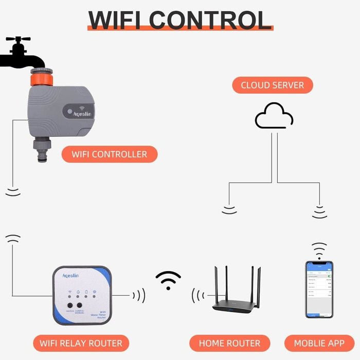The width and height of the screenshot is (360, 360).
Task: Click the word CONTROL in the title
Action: [210, 19]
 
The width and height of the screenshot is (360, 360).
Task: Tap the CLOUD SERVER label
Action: [272, 85]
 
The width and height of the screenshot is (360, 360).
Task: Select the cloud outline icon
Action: [274, 116]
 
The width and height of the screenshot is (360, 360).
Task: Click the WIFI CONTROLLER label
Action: [109, 154]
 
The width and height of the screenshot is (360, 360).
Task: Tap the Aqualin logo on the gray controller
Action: [82, 113]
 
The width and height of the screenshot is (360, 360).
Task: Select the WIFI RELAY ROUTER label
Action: [81, 343]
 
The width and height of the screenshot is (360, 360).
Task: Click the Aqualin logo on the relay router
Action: [70, 276]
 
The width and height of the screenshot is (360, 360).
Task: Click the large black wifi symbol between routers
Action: [168, 280]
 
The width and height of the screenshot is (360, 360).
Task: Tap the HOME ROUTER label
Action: [229, 343]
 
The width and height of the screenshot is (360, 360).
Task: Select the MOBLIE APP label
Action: [319, 343]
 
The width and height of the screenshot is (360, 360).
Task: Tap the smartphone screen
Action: [319, 289]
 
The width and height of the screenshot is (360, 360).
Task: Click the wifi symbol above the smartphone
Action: [319, 250]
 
